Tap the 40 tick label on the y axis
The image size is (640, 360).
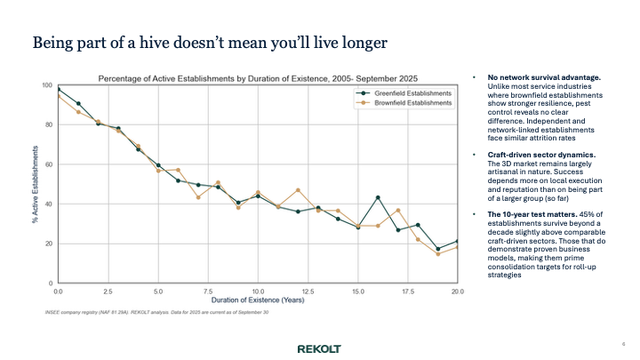coord(48,204)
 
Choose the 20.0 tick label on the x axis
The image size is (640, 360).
coord(458,291)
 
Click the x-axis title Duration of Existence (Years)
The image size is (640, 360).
coord(258,301)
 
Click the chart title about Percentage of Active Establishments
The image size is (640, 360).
coord(258,76)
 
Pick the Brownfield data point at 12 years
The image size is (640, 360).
coord(298,190)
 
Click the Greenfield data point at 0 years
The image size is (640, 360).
coord(58,89)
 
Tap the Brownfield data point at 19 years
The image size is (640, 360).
coord(438,254)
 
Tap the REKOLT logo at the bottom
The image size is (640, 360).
coord(318,348)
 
